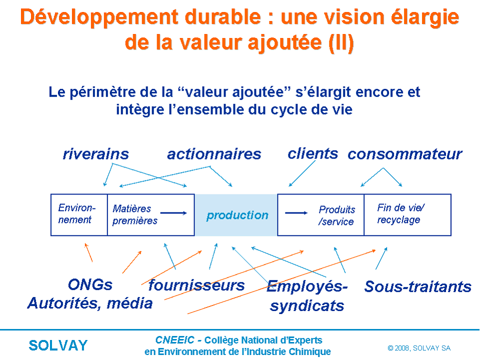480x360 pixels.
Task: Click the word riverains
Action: click(96, 154)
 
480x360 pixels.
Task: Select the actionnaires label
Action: click(214, 154)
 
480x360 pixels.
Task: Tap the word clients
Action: click(312, 153)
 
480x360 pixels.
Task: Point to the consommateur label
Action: click(404, 154)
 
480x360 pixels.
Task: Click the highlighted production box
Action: click(236, 215)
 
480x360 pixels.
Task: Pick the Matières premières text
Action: click(134, 214)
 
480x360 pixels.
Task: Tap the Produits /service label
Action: click(336, 215)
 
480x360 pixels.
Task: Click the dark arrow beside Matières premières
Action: click(173, 213)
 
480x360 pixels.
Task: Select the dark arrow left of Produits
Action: click(296, 213)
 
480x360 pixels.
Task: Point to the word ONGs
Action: click(90, 284)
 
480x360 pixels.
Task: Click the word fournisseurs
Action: click(196, 285)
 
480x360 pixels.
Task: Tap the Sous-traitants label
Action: click(418, 286)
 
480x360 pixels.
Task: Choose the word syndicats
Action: click(307, 306)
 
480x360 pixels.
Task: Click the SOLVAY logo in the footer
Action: click(58, 345)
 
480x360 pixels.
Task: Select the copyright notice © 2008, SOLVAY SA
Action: click(419, 348)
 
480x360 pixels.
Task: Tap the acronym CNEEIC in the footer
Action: click(175, 340)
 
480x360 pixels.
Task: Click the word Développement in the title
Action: click(99, 17)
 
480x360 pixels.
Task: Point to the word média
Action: click(129, 303)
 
